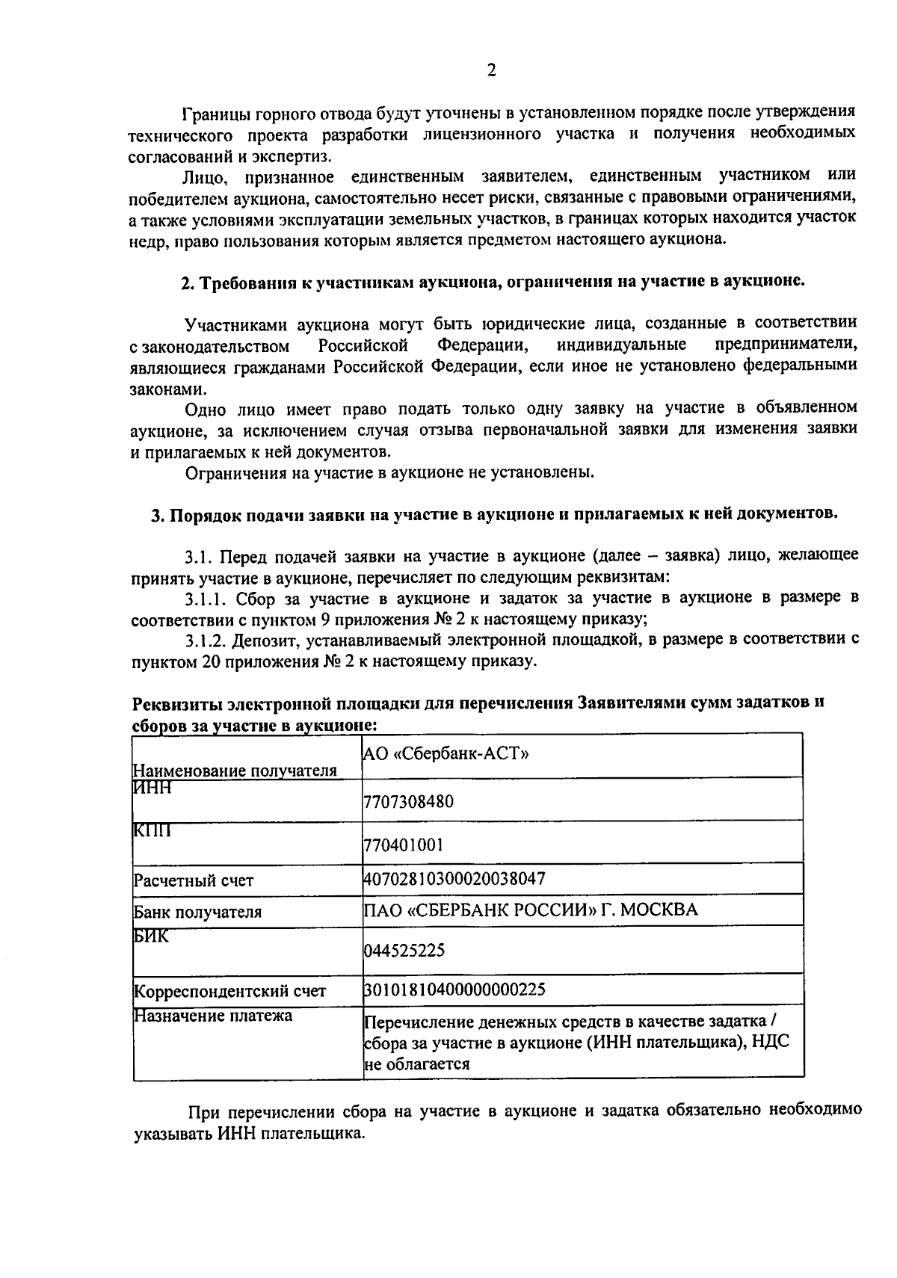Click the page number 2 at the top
point(491,71)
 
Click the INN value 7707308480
point(408,802)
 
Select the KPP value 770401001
point(404,845)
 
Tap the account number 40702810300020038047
point(454,878)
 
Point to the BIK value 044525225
point(404,950)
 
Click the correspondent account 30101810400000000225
point(454,990)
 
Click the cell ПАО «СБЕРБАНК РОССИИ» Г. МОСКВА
point(530,910)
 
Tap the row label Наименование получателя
point(235,771)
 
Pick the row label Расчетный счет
point(194,880)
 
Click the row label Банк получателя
point(197,913)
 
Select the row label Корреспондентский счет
point(229,992)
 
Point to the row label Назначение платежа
point(213,1016)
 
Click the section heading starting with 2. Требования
point(493,283)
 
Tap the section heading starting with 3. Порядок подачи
point(494,515)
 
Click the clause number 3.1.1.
point(207,598)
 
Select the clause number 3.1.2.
point(207,640)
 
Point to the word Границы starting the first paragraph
point(211,114)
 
